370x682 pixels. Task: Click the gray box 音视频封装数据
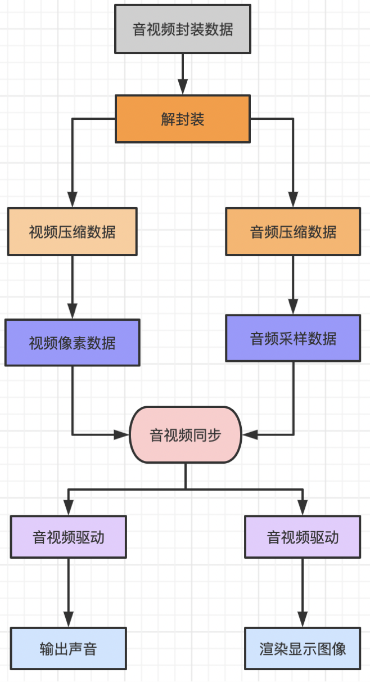pos(183,29)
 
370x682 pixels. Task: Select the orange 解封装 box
pos(183,119)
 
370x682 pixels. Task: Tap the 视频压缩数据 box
pos(72,231)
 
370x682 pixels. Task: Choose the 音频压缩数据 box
pos(293,231)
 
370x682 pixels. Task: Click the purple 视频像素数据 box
pos(72,342)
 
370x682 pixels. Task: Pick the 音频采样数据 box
pos(293,338)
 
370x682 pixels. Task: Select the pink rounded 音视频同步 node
pos(186,434)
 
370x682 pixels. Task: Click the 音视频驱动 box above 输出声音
pos(68,537)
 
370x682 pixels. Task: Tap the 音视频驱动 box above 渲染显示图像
pos(303,537)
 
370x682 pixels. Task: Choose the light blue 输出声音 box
pos(68,648)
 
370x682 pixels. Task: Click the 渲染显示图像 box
pos(303,648)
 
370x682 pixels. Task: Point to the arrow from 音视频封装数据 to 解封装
pos(183,73)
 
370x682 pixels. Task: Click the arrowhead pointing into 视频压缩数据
pos(72,200)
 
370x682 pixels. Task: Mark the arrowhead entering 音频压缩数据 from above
pos(293,200)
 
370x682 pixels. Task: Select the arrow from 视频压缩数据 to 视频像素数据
pos(72,287)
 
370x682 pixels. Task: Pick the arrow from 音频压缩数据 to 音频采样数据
pos(293,284)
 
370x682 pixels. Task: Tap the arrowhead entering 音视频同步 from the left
pos(121,434)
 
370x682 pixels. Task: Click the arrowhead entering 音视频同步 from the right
pos(250,434)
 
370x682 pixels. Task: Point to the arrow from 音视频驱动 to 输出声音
pos(68,591)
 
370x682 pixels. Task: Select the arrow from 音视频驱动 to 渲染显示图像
pos(303,591)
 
